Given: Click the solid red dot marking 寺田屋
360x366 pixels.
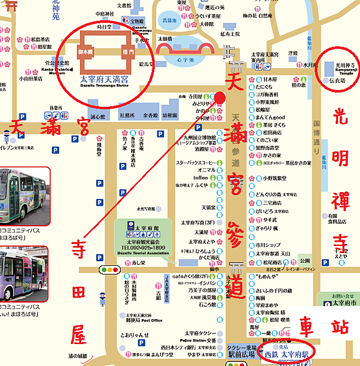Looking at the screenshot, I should tap(220, 97).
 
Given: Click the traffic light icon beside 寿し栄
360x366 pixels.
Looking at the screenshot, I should tap(110, 269).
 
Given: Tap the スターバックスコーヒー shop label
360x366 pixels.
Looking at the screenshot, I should tap(195, 162).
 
